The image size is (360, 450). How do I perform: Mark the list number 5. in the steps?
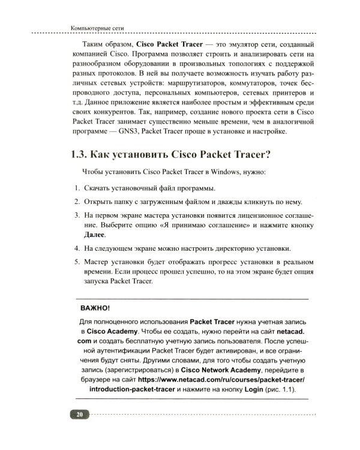[77, 262]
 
